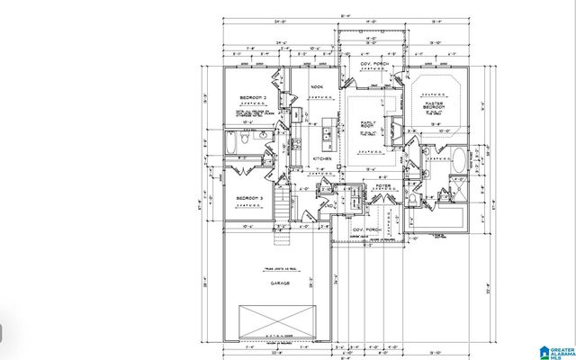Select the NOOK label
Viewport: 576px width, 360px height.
(317, 87)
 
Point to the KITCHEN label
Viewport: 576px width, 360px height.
(322, 159)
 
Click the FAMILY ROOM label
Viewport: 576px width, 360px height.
(369, 124)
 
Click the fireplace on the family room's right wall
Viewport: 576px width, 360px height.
(390, 126)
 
